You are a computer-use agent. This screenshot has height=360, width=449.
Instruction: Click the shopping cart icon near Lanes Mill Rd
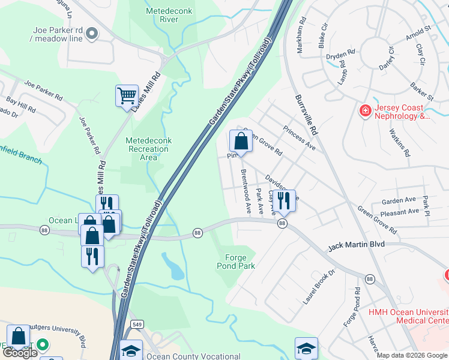pos(127,95)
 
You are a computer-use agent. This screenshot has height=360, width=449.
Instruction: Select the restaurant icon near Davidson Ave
pos(284,200)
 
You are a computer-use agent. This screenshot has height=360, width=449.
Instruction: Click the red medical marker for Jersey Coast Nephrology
pos(364,110)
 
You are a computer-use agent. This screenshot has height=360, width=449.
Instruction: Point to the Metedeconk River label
pos(162,15)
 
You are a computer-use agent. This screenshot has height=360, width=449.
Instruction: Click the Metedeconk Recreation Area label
pos(148,149)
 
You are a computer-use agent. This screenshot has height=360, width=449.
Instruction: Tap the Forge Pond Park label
pos(236,262)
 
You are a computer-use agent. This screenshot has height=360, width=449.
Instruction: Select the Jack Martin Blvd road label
pos(356,245)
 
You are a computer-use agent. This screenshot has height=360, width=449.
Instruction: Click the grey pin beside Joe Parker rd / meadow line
pos(91,34)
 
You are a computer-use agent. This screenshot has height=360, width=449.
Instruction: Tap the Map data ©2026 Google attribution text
pos(412,355)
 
